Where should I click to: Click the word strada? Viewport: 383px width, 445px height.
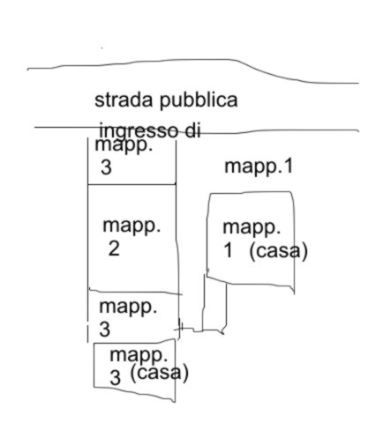coord(124,100)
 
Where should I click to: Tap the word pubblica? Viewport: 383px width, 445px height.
coord(199,101)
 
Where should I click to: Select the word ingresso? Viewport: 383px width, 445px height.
coord(139,131)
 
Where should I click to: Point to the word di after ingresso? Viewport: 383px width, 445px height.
coord(193,130)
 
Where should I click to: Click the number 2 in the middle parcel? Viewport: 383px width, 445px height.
coord(114,248)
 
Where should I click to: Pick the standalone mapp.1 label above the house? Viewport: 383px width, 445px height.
coord(259,167)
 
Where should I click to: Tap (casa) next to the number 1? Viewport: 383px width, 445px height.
coord(278,251)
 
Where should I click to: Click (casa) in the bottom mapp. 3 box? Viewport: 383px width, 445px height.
coord(159,374)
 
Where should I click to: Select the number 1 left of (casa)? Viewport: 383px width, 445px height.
coord(228,251)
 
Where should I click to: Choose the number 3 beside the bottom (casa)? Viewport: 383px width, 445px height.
coord(116,377)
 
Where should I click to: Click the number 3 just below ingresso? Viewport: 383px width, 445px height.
coord(106,167)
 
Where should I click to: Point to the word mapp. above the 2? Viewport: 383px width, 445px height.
coord(131,226)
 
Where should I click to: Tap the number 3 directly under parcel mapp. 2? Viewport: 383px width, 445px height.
coord(105,330)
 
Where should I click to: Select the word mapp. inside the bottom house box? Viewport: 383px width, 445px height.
coord(139,356)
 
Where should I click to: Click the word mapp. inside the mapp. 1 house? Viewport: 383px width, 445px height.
coord(252,228)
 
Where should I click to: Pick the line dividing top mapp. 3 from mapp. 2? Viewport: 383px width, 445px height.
coord(131,184)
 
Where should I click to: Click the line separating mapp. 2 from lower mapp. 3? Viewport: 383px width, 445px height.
coord(135,292)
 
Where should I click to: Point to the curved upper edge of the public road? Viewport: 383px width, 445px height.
coord(192,61)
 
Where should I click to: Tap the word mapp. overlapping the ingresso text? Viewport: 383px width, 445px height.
coord(124,146)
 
